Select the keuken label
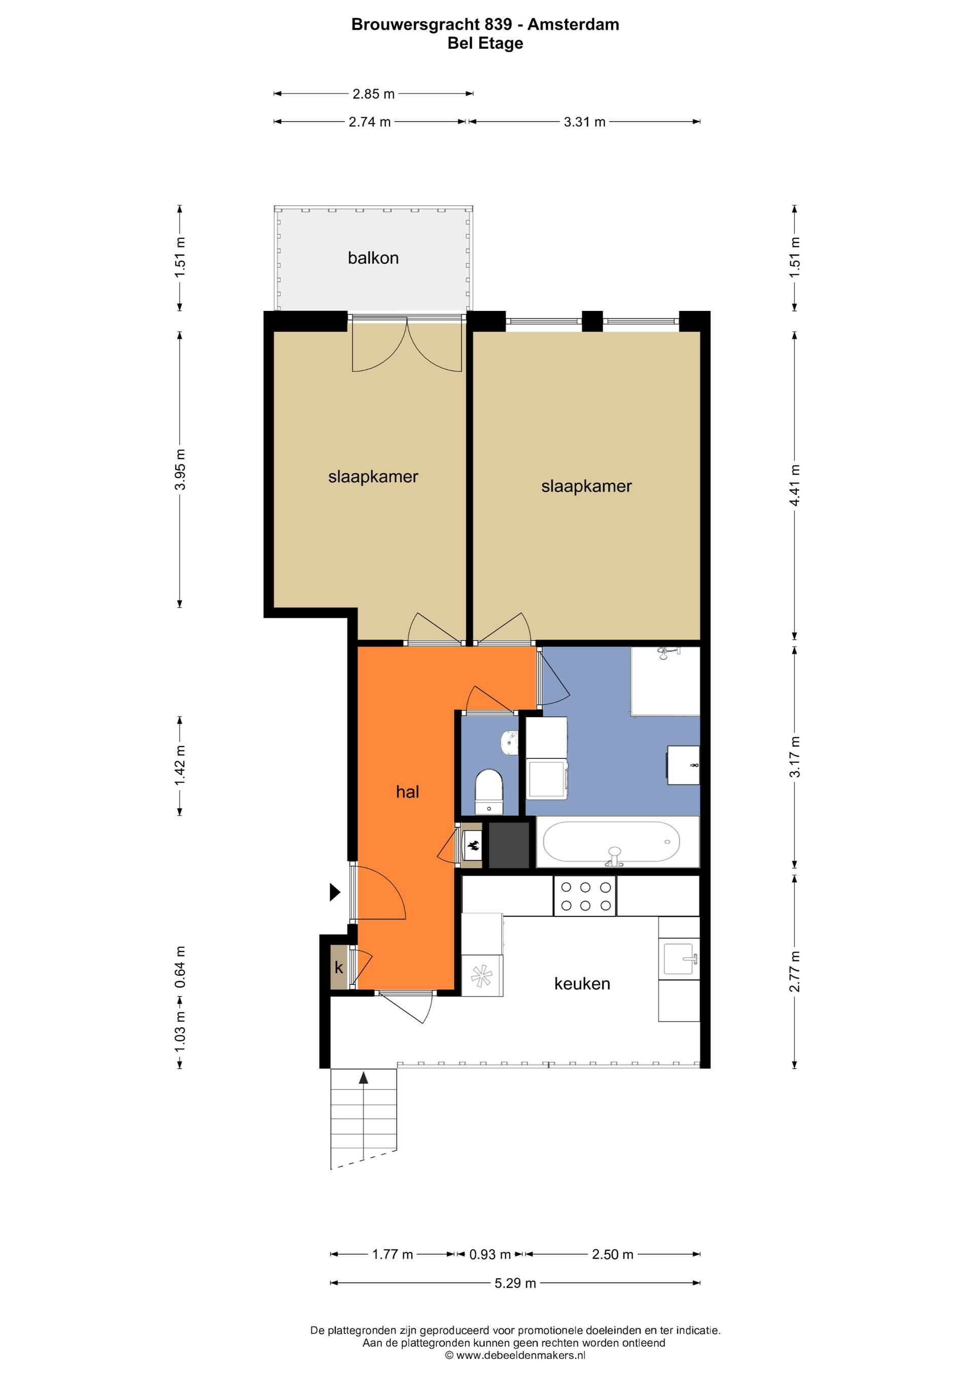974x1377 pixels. pyautogui.click(x=582, y=983)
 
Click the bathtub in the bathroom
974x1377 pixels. pyautogui.click(x=611, y=841)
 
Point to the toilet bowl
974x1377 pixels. pyautogui.click(x=489, y=791)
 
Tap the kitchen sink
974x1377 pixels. pyautogui.click(x=680, y=959)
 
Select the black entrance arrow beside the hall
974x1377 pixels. pyautogui.click(x=335, y=893)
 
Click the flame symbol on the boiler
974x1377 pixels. pyautogui.click(x=473, y=845)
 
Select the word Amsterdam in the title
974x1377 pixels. pyautogui.click(x=573, y=24)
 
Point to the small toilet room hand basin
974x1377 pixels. pyautogui.click(x=509, y=743)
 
